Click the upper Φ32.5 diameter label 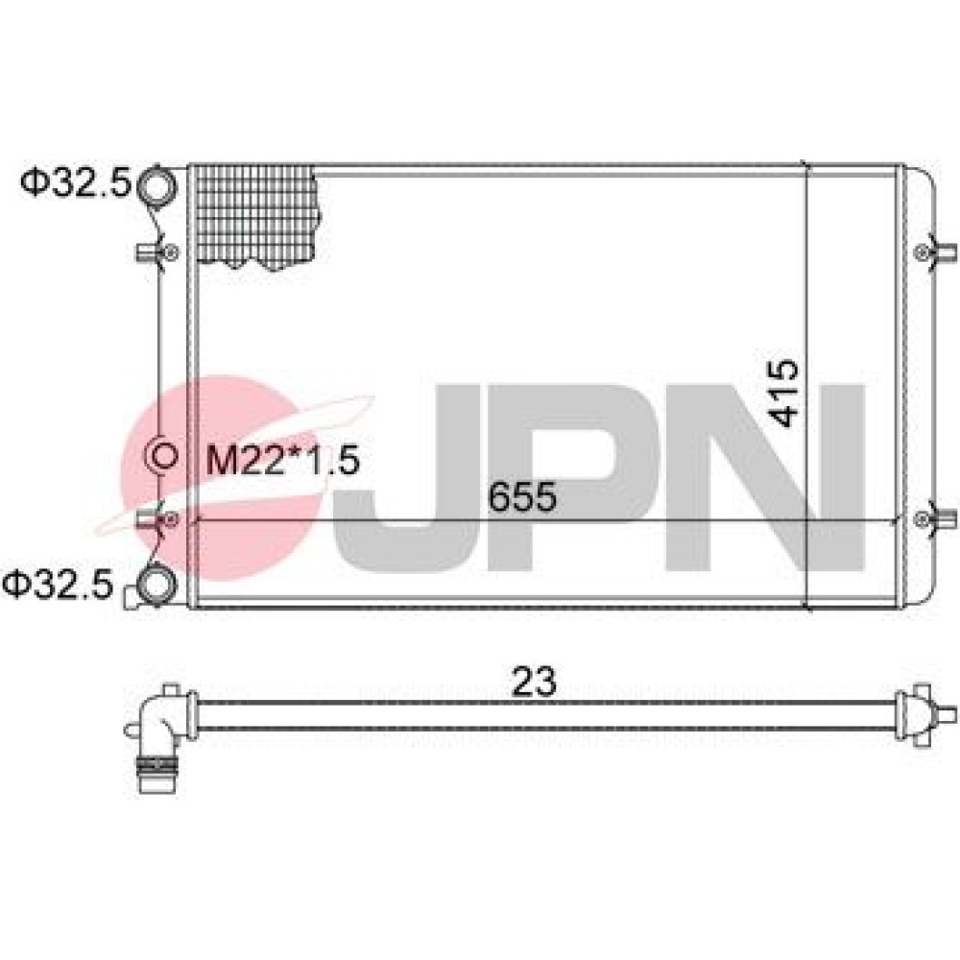(x=77, y=182)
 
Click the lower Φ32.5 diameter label (x=59, y=584)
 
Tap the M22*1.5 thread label (x=282, y=461)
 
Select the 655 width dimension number (x=522, y=496)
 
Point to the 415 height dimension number (x=784, y=393)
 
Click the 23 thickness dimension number (x=534, y=682)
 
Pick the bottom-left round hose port (x=156, y=584)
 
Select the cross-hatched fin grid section (x=256, y=217)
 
